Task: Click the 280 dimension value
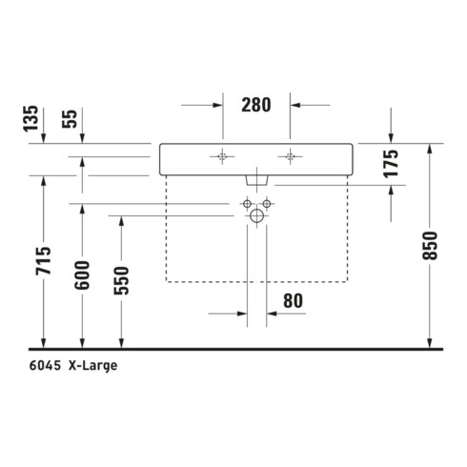tap(256, 105)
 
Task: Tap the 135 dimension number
tap(31, 118)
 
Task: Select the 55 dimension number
tap(70, 119)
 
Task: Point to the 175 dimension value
tap(391, 163)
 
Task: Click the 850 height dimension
tap(430, 246)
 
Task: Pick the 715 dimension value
tap(43, 260)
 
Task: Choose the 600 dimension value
tap(82, 275)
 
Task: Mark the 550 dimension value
tap(121, 281)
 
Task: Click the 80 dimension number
tap(293, 301)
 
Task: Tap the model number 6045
tap(45, 366)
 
